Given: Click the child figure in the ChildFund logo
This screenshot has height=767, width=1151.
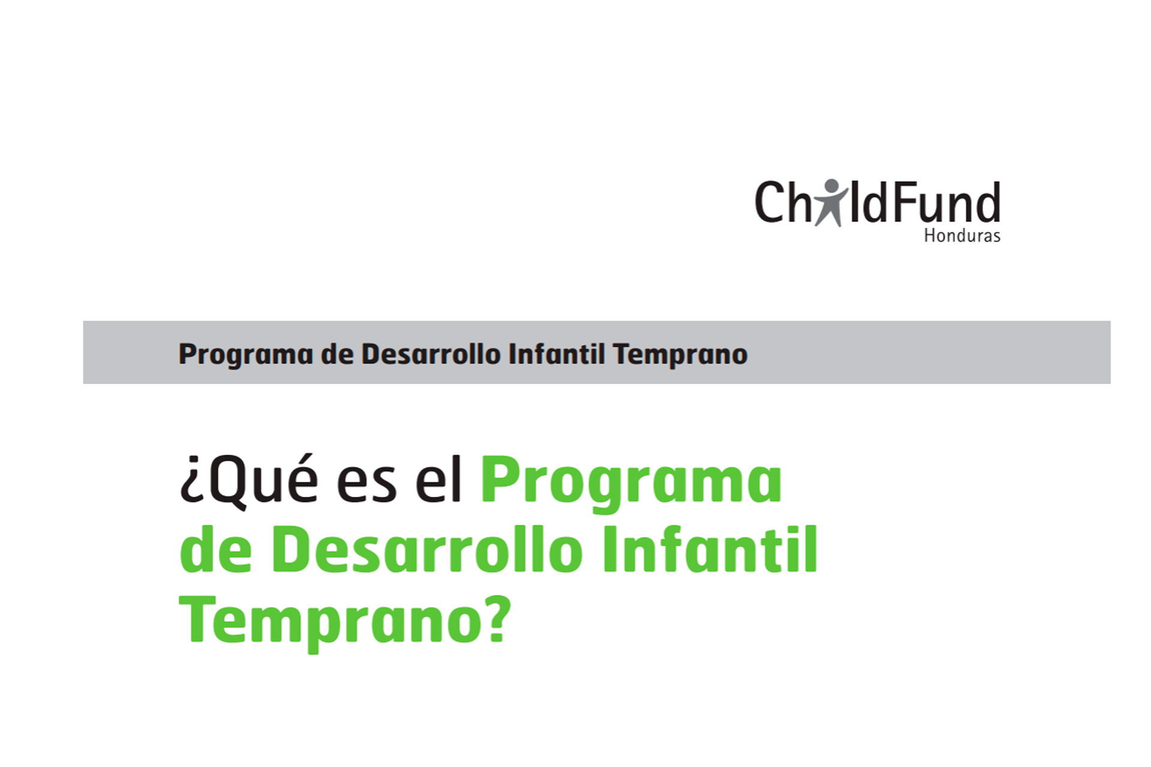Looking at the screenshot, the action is coord(831,203).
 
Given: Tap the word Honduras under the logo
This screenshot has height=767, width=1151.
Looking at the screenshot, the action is coord(962,235).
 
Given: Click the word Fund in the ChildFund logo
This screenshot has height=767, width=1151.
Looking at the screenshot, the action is coord(948,202).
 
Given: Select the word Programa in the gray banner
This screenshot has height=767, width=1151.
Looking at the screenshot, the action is coord(246,355).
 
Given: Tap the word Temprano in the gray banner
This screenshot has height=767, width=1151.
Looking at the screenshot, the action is coord(680,355).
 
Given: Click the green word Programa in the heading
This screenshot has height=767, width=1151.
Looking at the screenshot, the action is coord(631,484).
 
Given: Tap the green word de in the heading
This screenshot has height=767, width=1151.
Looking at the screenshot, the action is coord(216,548).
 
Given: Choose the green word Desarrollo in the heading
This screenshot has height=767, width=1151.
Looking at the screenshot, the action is coord(427,548).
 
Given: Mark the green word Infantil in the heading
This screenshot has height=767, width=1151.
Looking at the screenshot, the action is coord(710,548).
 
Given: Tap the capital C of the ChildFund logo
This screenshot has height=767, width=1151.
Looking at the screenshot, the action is coord(769,202).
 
